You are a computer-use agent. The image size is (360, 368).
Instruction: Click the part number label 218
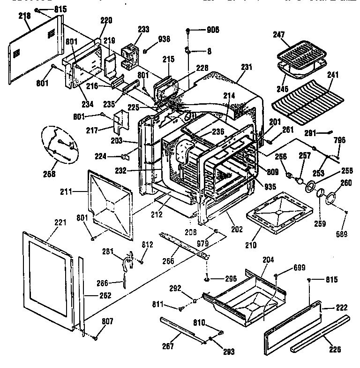pos(24,16)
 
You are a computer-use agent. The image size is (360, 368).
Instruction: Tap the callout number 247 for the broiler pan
pos(279,34)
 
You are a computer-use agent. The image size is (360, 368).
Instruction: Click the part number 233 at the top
pos(143,30)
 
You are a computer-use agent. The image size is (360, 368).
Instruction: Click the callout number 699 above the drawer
pos(300,268)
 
